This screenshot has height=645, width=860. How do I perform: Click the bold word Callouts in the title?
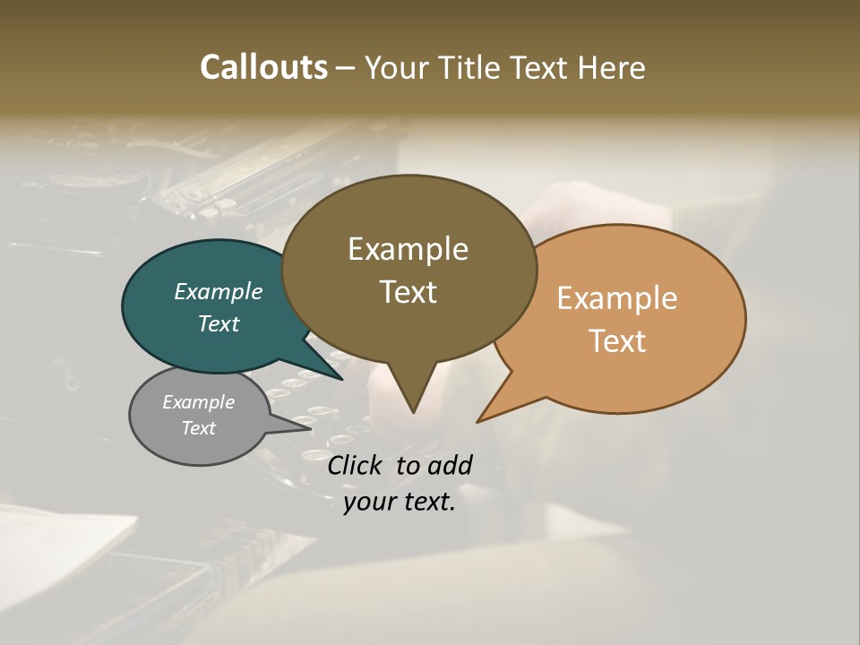click(263, 67)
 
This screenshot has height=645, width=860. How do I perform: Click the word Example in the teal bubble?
click(219, 291)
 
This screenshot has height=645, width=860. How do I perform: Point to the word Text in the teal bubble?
click(219, 323)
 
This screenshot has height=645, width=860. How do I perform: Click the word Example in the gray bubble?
click(199, 402)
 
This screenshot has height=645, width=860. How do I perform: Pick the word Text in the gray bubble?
click(199, 428)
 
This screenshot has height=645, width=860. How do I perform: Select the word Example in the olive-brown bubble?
click(408, 249)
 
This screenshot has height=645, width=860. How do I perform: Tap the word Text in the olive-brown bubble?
click(408, 292)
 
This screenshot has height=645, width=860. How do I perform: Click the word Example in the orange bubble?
click(617, 298)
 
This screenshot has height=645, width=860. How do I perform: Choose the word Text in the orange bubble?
click(617, 341)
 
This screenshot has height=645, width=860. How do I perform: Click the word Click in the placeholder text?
click(356, 465)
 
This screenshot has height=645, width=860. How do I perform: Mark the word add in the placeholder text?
click(450, 465)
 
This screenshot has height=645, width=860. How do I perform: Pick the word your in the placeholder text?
click(367, 502)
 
